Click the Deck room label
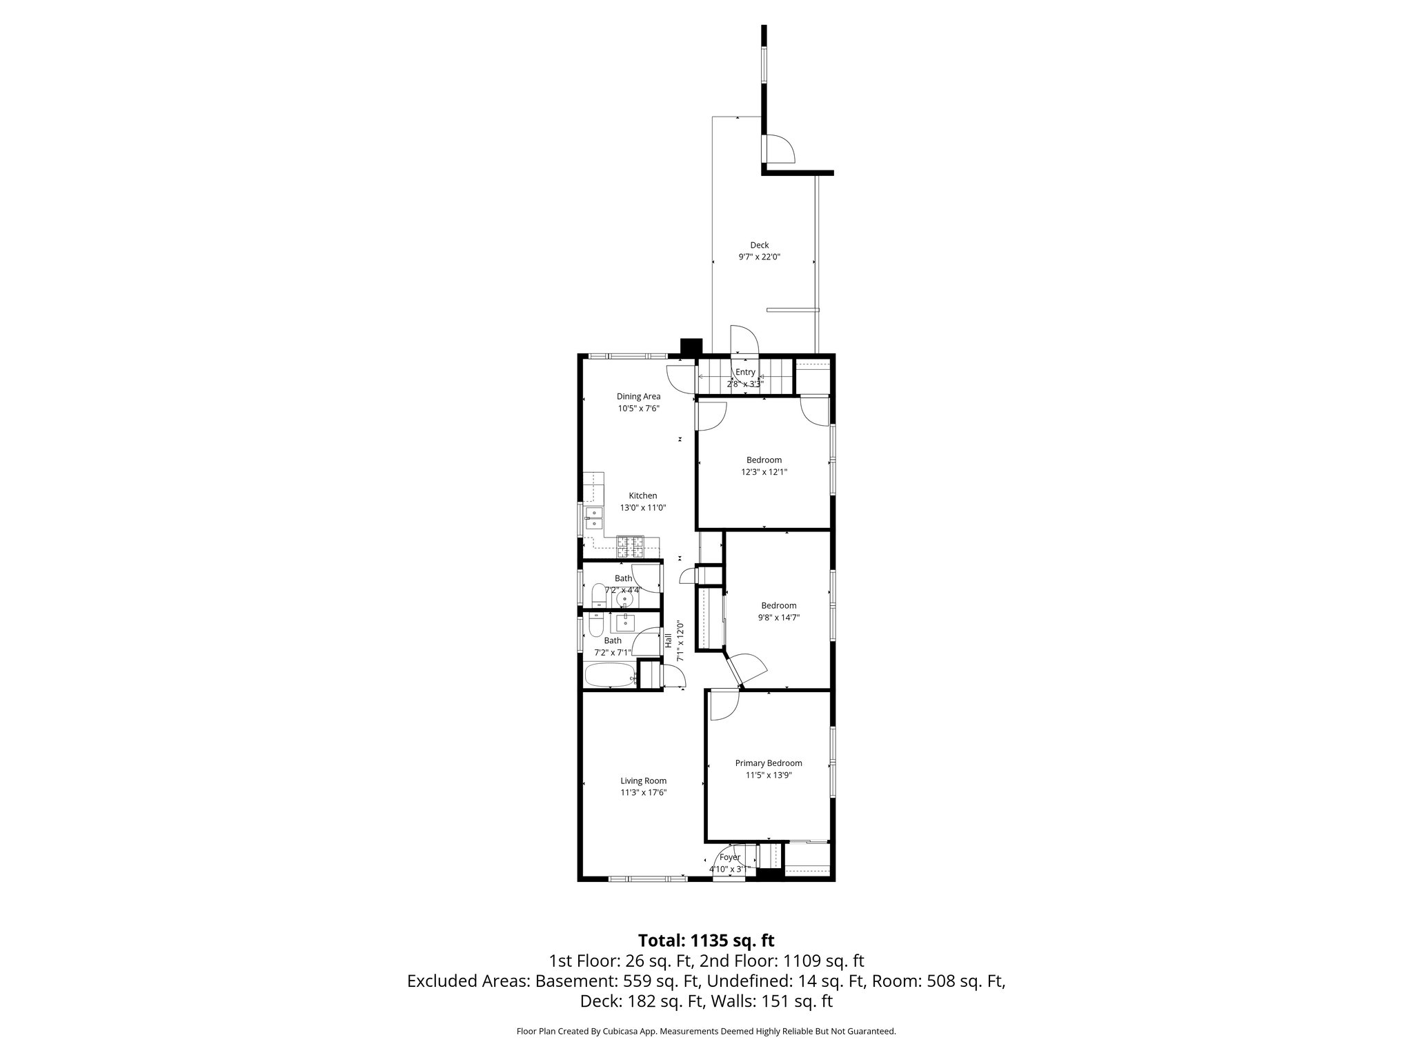click(x=759, y=245)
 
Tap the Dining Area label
click(x=638, y=396)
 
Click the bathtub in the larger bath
click(x=610, y=676)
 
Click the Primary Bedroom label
click(x=768, y=763)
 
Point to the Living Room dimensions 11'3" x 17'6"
click(x=643, y=793)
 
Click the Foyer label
click(x=729, y=857)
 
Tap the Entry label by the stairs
click(x=745, y=372)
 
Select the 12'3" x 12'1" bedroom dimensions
click(x=764, y=473)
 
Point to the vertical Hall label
click(x=668, y=640)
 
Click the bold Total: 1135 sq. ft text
click(x=706, y=941)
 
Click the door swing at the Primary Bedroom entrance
click(x=724, y=705)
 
